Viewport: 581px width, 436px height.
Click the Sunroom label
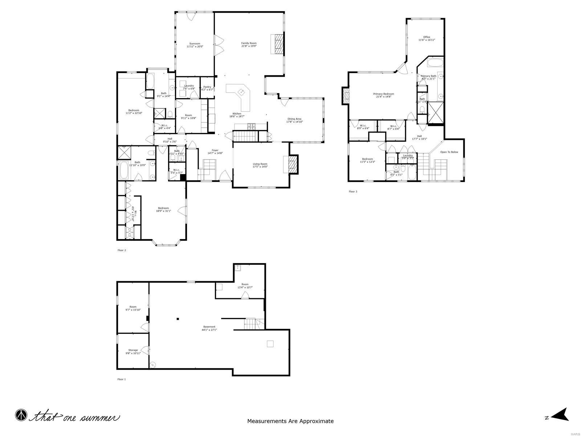tap(195, 44)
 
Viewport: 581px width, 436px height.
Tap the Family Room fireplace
tap(278, 44)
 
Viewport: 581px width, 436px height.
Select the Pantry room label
tap(207, 87)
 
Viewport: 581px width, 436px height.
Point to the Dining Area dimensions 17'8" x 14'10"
tap(294, 122)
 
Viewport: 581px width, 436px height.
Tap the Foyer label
tap(215, 150)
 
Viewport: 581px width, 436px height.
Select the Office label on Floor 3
tap(426, 37)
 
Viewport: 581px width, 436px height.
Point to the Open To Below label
tap(449, 152)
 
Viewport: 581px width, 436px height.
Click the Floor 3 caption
tap(353, 191)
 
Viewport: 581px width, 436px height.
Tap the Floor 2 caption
tap(122, 250)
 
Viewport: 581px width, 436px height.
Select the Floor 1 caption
tap(121, 379)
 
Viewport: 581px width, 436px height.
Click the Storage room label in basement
tap(133, 350)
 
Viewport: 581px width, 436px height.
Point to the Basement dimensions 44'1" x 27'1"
tap(209, 330)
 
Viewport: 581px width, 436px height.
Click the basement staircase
tap(251, 324)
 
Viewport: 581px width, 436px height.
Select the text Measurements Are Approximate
tap(290, 421)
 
